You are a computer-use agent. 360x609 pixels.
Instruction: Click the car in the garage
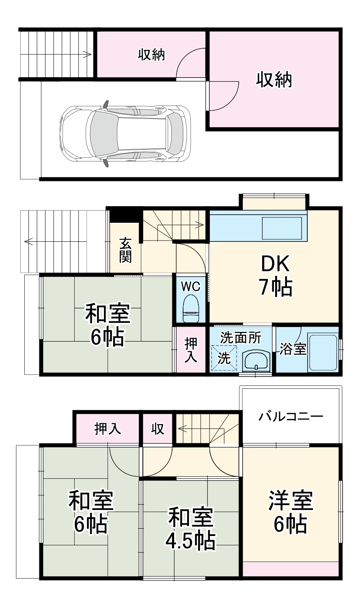tap(125, 134)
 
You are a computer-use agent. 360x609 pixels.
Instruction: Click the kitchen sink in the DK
tap(282, 228)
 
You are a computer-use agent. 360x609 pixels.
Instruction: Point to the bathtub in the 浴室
tap(323, 352)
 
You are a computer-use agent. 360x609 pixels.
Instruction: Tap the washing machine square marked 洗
tap(224, 358)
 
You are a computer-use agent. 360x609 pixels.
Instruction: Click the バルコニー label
tap(291, 417)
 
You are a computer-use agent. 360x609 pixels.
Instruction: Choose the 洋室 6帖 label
tap(290, 512)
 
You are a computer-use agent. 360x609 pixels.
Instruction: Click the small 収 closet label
tap(158, 428)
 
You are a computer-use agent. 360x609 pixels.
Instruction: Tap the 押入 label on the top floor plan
tap(108, 428)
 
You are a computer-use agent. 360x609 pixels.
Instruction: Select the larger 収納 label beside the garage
tap(274, 80)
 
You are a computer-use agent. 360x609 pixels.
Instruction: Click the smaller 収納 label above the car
tap(151, 54)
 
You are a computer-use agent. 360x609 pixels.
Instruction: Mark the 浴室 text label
tap(293, 349)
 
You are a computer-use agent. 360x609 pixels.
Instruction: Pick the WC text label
tap(190, 286)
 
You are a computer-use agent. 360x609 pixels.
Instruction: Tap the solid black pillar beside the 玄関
tap(125, 215)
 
